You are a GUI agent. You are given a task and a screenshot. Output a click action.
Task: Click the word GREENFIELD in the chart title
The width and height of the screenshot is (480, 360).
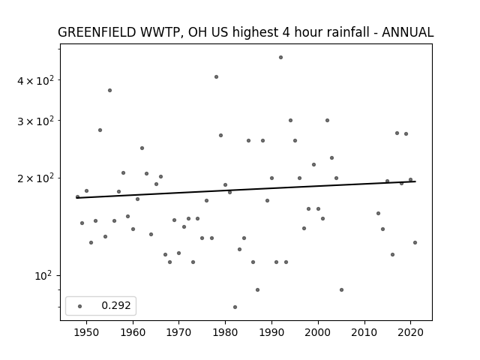[97, 32]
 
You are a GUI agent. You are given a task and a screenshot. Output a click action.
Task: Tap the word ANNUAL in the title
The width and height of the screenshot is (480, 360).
[407, 32]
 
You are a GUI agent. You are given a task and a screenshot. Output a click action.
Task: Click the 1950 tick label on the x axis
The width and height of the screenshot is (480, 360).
[87, 332]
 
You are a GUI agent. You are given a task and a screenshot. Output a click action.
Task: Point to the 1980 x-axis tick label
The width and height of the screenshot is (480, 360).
[225, 332]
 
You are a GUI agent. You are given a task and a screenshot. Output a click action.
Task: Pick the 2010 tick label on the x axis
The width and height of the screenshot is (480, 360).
[364, 332]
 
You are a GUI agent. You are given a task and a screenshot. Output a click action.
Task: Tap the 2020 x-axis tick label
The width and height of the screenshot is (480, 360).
[411, 332]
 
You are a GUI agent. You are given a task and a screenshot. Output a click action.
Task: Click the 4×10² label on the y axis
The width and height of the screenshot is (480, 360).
[35, 80]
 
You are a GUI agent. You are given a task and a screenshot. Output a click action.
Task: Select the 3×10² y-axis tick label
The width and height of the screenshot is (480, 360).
[35, 121]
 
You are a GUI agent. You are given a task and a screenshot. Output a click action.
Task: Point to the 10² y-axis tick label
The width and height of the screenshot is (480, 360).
[43, 276]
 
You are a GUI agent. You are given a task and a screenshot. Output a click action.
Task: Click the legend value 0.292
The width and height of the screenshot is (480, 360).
[116, 305]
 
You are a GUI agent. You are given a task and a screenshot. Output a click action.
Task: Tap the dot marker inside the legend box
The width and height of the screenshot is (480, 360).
[80, 306]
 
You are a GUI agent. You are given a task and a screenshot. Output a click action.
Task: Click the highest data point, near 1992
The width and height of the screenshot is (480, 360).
[280, 58]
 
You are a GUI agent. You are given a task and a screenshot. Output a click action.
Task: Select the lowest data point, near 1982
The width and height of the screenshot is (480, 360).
[235, 307]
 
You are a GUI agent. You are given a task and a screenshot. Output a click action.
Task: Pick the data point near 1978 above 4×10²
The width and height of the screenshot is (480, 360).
[216, 76]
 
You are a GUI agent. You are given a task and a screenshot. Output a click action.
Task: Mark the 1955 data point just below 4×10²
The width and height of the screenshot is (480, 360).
[109, 90]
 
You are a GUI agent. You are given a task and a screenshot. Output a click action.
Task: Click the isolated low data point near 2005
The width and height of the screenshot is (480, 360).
[341, 290]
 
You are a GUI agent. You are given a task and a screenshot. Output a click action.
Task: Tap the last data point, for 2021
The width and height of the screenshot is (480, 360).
[415, 243]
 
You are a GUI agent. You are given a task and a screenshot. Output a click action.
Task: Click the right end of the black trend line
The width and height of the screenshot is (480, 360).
[415, 181]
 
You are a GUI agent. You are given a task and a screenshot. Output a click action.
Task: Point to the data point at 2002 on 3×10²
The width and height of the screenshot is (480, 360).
[327, 120]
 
